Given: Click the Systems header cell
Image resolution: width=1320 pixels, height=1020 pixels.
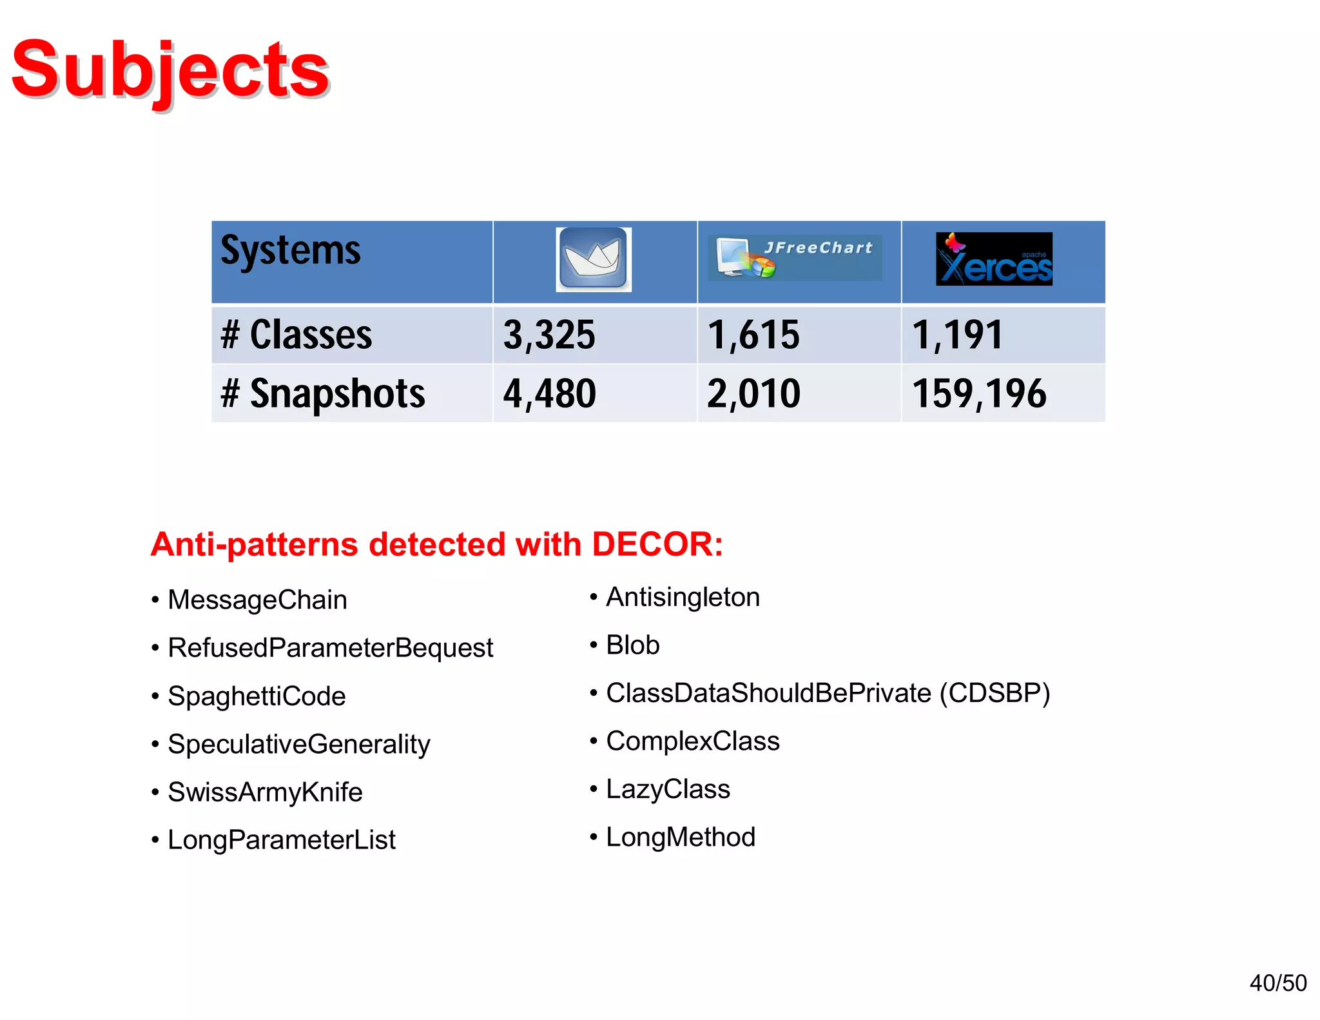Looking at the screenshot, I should click(291, 251).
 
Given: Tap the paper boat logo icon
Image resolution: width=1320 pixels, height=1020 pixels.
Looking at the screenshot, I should click(594, 259).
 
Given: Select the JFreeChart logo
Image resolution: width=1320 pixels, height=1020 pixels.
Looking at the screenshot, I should click(795, 257).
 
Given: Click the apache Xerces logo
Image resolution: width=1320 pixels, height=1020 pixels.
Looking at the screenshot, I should click(993, 259).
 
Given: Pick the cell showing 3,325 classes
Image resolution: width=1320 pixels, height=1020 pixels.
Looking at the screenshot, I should click(549, 335).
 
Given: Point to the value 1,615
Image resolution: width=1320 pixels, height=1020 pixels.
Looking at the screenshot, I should click(753, 335).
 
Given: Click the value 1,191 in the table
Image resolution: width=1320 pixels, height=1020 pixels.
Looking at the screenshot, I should click(958, 335).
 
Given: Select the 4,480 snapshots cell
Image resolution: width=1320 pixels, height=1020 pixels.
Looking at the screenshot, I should click(550, 393).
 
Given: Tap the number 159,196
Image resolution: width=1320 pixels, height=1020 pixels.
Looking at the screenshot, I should click(979, 393).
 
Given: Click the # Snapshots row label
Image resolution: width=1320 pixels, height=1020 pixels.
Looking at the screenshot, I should click(323, 393).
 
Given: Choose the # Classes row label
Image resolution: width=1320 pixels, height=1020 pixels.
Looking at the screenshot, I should click(296, 335).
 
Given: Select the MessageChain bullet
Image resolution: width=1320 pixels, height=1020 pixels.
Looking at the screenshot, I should click(257, 600).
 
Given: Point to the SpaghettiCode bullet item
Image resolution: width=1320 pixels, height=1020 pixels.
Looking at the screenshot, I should click(257, 696).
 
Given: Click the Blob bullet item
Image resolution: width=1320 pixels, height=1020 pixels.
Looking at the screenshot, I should click(632, 645).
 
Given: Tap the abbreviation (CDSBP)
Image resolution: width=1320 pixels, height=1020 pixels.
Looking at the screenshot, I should click(994, 693).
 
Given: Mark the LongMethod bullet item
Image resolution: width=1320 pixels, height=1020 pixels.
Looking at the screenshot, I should click(680, 838).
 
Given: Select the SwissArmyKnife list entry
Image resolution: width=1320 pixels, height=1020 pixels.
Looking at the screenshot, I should click(265, 792).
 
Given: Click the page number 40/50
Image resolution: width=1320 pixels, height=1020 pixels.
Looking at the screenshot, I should click(1277, 983).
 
